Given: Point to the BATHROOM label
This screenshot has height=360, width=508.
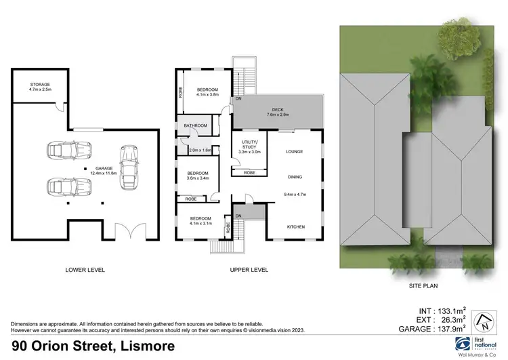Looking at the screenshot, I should coord(194,125).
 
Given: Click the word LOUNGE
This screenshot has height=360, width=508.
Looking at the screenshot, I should coord(295,151).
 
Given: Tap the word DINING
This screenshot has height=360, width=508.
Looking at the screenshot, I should coord(295,176).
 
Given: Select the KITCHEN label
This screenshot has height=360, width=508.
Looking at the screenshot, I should coord(295,226).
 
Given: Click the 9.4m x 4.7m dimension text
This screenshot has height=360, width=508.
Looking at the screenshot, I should coord(295,195).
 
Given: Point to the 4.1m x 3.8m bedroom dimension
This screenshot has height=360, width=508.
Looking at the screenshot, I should coord(208,96).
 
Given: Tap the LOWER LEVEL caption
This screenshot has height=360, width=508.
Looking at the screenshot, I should coord(85,270).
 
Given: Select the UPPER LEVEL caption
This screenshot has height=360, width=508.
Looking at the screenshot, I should coord(249,270).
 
